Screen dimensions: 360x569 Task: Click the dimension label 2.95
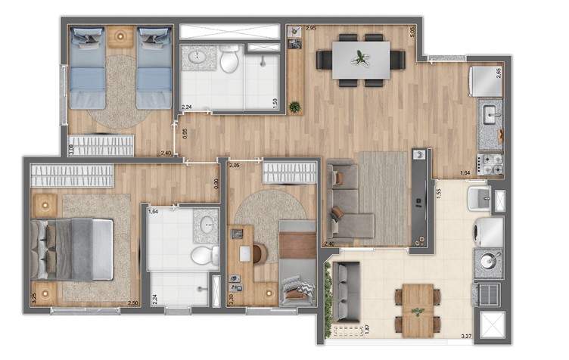310,29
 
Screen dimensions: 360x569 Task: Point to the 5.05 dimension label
413,32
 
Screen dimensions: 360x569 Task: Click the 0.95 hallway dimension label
185,135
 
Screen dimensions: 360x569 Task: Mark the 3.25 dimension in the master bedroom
34,299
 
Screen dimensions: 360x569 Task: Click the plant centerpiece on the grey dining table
361,57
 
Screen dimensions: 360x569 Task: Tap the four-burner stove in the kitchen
490,163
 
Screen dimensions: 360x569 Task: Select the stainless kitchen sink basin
489,114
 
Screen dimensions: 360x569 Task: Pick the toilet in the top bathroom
229,58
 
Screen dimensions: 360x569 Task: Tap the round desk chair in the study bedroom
259,253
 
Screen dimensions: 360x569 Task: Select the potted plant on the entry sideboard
294,107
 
